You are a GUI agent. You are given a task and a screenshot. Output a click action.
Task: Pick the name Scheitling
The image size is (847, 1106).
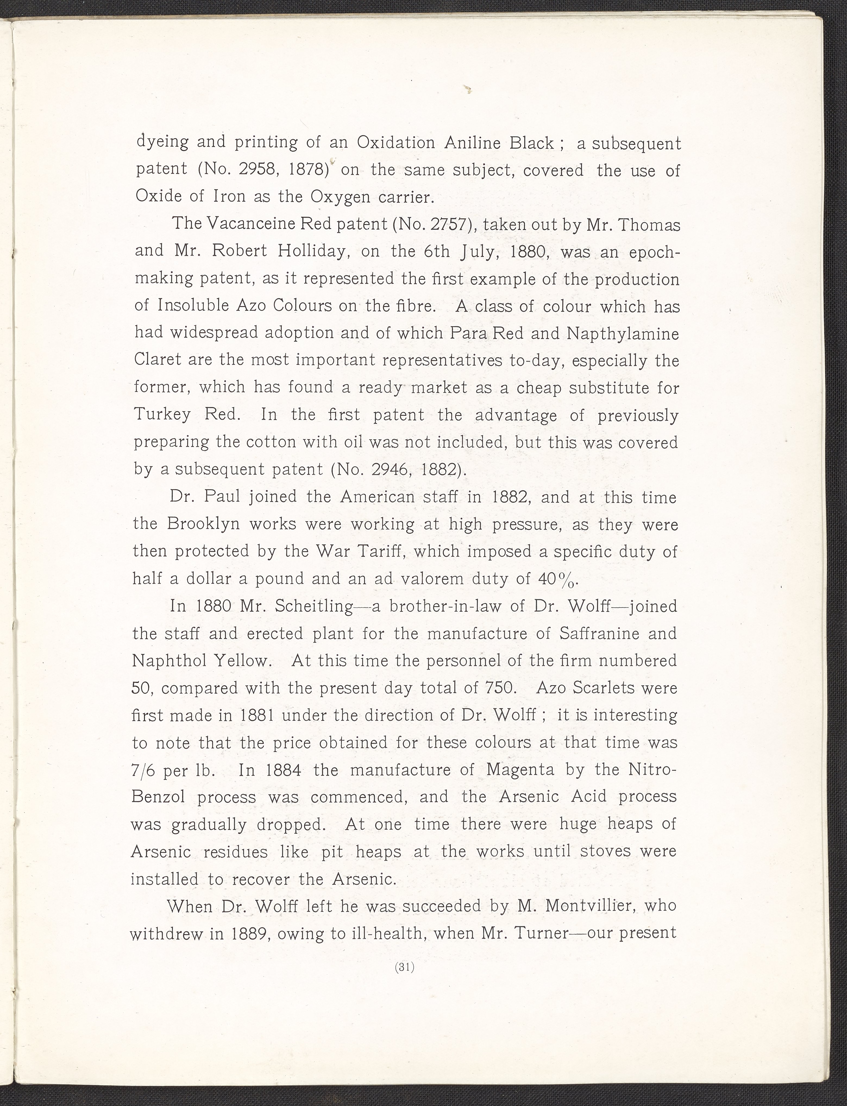(313, 605)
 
